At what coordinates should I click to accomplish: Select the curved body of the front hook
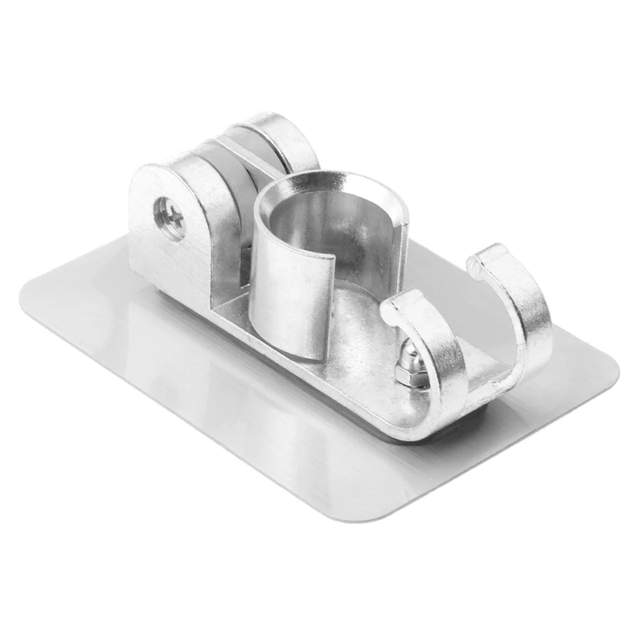pyautogui.click(x=438, y=354)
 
